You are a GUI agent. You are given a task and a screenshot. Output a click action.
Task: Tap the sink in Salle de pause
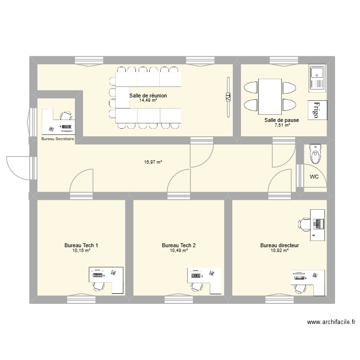pyautogui.click(x=317, y=78)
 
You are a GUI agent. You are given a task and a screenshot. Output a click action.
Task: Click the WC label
pyautogui.click(x=314, y=177)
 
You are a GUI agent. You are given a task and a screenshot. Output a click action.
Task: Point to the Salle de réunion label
pyautogui.click(x=148, y=96)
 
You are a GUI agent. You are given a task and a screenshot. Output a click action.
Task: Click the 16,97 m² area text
pyautogui.click(x=154, y=162)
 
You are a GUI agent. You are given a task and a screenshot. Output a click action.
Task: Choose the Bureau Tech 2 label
pyautogui.click(x=179, y=245)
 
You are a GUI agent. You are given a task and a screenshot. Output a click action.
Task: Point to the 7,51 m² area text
pyautogui.click(x=282, y=125)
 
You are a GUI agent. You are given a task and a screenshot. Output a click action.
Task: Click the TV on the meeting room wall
pyautogui.click(x=228, y=97)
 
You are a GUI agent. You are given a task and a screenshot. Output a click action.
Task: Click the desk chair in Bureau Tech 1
pyautogui.click(x=98, y=285)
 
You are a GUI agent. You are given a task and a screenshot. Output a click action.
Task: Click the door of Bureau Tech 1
pyautogui.click(x=82, y=182)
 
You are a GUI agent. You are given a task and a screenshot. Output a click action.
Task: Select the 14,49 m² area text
pyautogui.click(x=148, y=100)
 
